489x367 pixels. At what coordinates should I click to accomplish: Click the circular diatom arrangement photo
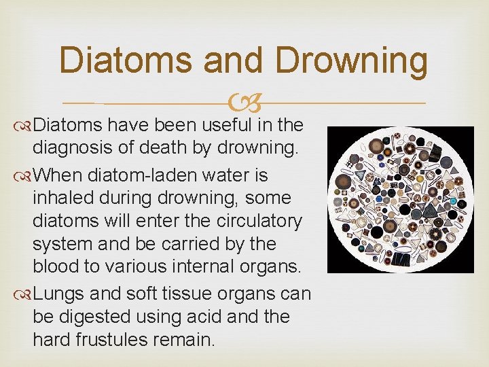pyautogui.click(x=400, y=199)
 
